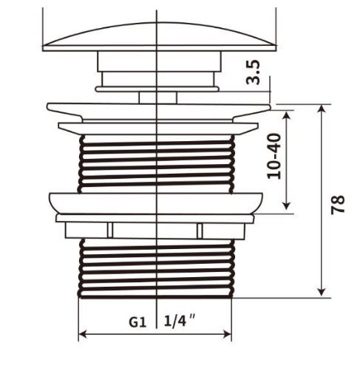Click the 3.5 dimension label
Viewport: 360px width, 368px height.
point(253,72)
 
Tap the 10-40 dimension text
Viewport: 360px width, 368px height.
point(274,156)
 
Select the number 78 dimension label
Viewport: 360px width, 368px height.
point(338,205)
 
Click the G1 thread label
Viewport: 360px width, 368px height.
point(137,322)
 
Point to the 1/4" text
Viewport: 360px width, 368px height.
point(180,321)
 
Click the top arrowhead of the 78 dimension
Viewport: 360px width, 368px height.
point(322,108)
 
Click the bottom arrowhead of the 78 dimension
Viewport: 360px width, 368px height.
point(322,293)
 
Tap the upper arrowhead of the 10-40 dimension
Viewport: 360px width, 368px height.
point(286,115)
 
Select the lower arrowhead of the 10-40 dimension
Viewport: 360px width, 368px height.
point(286,205)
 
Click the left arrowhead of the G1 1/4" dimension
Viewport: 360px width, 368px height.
point(83,334)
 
